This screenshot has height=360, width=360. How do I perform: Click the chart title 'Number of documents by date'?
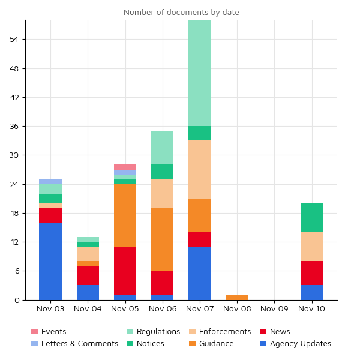(x=181, y=13)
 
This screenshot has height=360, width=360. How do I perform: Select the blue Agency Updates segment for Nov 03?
(x=50, y=261)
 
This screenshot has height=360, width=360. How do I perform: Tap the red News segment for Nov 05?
(x=125, y=271)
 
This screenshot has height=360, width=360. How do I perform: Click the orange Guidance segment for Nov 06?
(x=162, y=239)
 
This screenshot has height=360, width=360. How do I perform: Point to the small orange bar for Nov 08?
(x=237, y=298)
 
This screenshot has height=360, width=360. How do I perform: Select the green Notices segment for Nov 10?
(x=311, y=218)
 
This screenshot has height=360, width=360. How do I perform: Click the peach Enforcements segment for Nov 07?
(x=200, y=169)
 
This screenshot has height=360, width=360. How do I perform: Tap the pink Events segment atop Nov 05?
(x=125, y=167)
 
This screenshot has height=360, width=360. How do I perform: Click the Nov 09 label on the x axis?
(x=274, y=309)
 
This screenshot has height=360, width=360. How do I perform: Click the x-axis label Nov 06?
(x=162, y=309)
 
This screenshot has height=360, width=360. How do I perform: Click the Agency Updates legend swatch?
(x=263, y=344)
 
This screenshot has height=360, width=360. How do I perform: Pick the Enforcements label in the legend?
(x=224, y=332)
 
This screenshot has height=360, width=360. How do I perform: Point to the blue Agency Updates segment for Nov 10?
(x=311, y=292)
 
